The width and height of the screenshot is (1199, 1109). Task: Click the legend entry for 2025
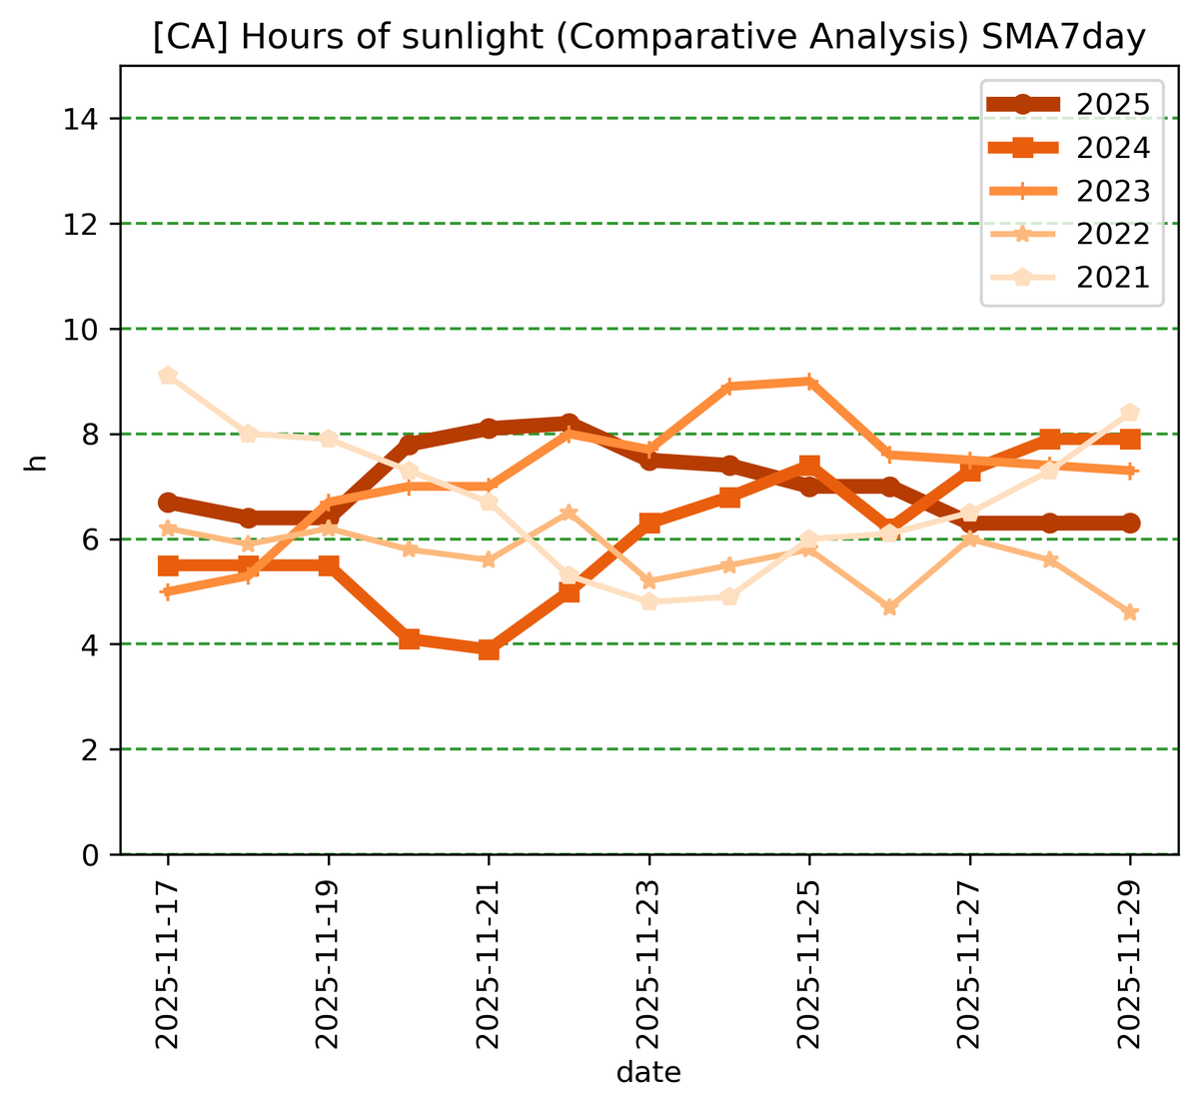tap(1113, 104)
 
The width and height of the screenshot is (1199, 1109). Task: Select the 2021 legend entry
tap(1113, 277)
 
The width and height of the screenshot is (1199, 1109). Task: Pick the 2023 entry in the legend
tap(1113, 191)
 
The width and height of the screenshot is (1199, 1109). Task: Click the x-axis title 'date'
tap(648, 1074)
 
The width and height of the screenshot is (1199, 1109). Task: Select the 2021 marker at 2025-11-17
tap(168, 376)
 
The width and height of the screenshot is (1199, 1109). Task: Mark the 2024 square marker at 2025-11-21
tap(489, 649)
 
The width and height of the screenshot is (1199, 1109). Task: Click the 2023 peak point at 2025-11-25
tap(809, 382)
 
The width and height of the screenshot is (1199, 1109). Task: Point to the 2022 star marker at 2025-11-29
tap(1130, 612)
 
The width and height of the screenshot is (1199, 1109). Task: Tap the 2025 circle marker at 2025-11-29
tap(1130, 523)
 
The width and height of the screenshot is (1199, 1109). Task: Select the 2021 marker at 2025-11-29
tap(1130, 413)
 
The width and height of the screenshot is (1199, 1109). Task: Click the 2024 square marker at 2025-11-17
tap(168, 565)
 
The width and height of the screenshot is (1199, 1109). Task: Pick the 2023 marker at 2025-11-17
tap(168, 591)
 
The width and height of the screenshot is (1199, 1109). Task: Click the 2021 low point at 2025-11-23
tap(649, 601)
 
